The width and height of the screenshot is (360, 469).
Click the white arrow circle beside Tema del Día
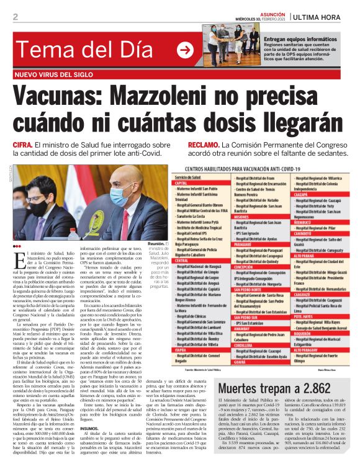click(185, 50)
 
